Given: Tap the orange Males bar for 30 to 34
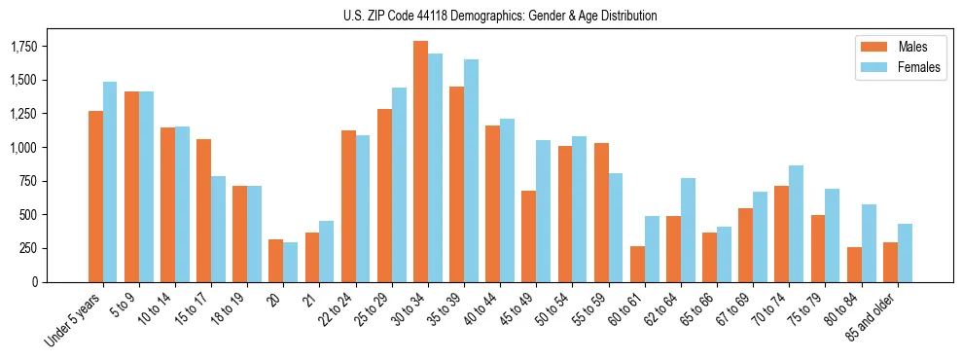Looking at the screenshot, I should (420, 162).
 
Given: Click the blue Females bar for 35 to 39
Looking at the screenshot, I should (471, 171).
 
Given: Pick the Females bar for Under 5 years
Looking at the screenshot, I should (110, 182).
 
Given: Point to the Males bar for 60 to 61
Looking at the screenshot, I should (637, 264).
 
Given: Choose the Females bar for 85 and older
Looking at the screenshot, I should (905, 253).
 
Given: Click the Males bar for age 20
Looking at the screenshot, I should (276, 261).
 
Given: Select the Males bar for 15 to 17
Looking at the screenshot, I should (203, 210).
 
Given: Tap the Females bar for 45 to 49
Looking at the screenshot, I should (543, 211).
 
